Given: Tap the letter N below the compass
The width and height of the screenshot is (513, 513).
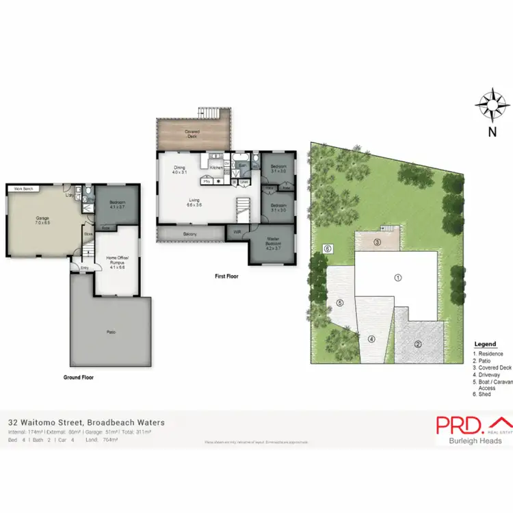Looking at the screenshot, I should click(x=492, y=134).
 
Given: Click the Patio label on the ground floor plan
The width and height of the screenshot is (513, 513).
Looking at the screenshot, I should click(x=111, y=332).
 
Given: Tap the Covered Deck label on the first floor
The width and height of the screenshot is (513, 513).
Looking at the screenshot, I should click(x=192, y=133).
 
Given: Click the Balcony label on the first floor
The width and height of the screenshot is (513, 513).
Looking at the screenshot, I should click(x=189, y=235).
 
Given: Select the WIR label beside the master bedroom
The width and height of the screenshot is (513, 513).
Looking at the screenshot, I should click(x=237, y=232).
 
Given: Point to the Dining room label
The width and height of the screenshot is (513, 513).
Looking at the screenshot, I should click(x=180, y=169).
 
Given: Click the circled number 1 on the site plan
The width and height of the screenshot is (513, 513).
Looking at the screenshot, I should click(x=397, y=277).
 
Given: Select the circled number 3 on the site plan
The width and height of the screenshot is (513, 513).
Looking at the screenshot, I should click(x=376, y=242).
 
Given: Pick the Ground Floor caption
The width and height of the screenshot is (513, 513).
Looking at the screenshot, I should click(x=79, y=377).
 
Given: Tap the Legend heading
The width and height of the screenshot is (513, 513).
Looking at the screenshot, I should click(x=485, y=344).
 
